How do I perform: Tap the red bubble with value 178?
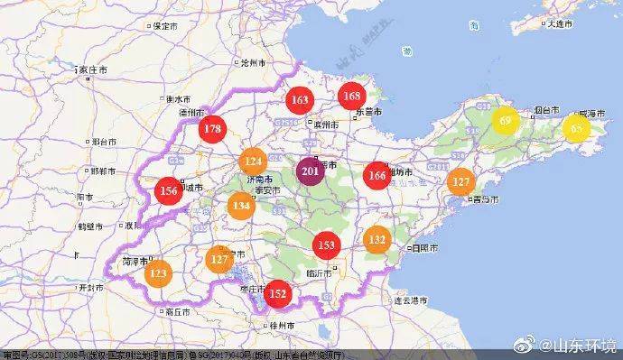pos(213,129)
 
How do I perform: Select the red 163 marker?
pos(300,100)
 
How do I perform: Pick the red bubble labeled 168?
pos(352,97)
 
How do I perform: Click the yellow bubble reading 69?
pos(506,121)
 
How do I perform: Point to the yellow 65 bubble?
pos(575,128)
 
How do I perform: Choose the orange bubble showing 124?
pos(254,162)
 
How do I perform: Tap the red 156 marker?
pos(168,191)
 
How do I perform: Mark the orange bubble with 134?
pos(240,207)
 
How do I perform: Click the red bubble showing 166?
pos(377,175)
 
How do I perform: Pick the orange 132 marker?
pos(377,240)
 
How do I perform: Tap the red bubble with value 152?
pos(278,293)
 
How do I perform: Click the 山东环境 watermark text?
pos(588,346)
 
